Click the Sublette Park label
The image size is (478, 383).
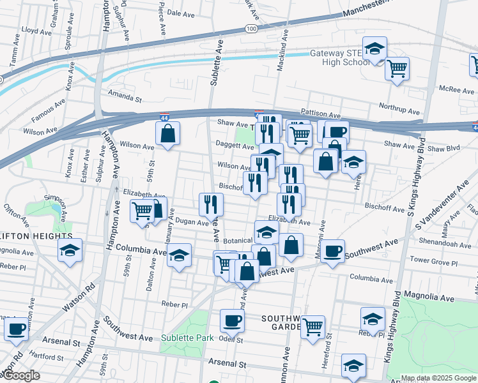[186, 337]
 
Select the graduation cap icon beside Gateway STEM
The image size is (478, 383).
[375, 49]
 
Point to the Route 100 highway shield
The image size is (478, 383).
[251, 29]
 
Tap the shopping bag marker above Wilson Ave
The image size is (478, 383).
[168, 134]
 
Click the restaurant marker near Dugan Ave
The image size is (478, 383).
[211, 205]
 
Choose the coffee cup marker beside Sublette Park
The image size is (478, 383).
[232, 320]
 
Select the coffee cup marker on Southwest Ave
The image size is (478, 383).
[332, 252]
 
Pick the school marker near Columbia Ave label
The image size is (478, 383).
[180, 256]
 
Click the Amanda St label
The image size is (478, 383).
[125, 99]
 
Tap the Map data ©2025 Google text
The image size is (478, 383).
[438, 378]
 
